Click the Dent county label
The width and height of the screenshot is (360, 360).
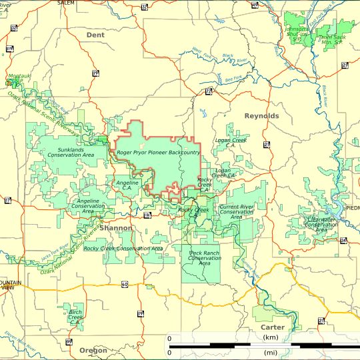tap(95, 34)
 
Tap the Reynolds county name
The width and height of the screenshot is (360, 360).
tap(261, 116)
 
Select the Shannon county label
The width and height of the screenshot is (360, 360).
tap(116, 228)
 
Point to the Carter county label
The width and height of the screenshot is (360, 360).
tap(272, 327)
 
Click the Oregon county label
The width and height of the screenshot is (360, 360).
tap(93, 350)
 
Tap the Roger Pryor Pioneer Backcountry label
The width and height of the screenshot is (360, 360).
tap(158, 153)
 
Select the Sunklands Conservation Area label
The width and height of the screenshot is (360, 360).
tap(71, 153)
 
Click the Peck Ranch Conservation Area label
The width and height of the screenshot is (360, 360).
tap(205, 258)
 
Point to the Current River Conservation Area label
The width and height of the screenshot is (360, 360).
tap(237, 212)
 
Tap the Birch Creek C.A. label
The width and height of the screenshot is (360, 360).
tap(75, 315)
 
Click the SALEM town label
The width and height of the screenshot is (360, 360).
tap(66, 3)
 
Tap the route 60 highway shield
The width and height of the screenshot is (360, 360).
tap(125, 284)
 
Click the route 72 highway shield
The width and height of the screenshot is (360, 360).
tap(209, 91)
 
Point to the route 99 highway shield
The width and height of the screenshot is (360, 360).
tap(69, 342)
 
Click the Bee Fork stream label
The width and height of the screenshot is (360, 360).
tap(235, 79)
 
